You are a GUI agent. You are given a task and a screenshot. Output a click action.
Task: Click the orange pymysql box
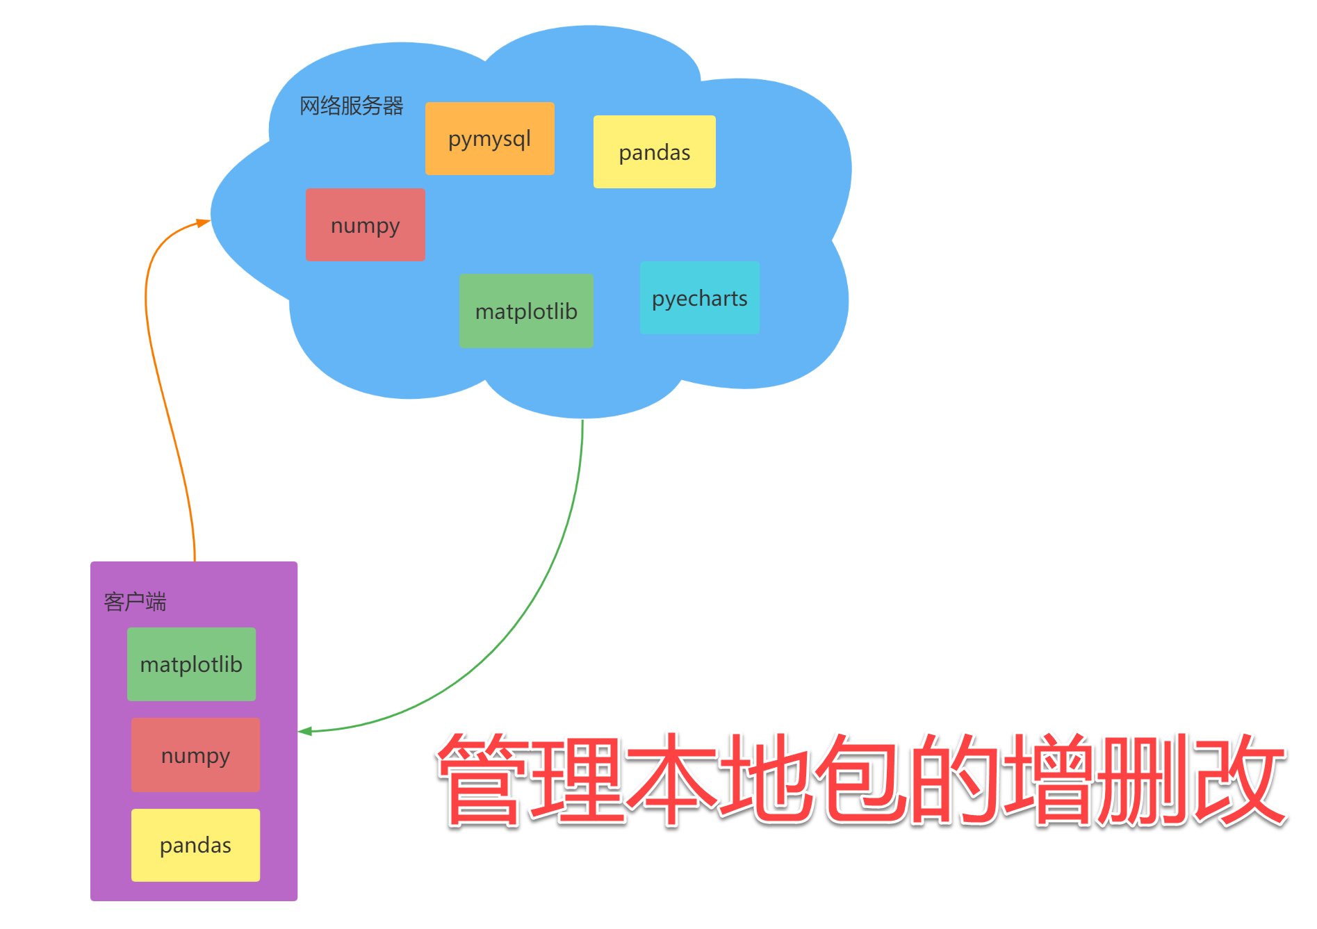489,138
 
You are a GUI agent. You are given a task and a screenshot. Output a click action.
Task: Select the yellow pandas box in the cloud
654,151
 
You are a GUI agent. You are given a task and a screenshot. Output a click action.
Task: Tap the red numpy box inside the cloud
365,224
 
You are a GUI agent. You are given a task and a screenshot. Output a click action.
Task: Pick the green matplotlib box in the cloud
526,311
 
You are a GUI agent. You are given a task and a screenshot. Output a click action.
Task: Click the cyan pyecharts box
699,297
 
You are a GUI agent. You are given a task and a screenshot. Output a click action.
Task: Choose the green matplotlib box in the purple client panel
191,664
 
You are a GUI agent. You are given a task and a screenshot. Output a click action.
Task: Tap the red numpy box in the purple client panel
195,755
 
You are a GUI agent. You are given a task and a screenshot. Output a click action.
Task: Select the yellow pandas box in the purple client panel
195,845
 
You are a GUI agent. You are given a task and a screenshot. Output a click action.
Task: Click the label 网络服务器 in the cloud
351,106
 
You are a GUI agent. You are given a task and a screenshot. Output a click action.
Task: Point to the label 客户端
135,601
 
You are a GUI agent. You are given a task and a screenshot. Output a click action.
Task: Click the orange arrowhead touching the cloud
204,222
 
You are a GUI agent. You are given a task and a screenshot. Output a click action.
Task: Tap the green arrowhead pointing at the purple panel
306,731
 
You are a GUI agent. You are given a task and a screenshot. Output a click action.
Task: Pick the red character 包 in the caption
862,778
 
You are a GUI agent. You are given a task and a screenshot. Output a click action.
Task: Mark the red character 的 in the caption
956,778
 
